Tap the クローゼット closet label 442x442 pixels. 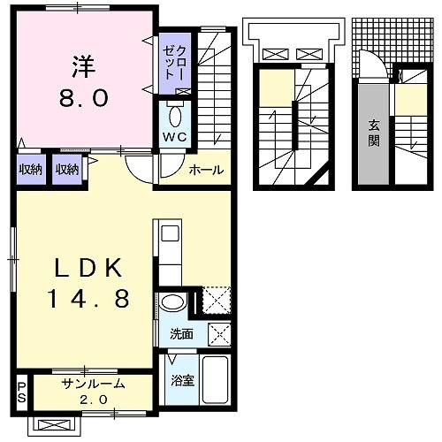coord(169,61)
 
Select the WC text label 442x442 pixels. coord(171,137)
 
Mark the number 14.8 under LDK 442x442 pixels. coord(86,299)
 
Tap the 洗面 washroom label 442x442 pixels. coord(181,334)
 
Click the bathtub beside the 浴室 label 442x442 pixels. coord(215,378)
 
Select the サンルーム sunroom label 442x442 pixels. coord(93,385)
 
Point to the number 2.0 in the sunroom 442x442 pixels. coord(93,400)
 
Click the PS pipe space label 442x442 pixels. coord(21,392)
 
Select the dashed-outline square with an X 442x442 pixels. coord(215,301)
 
